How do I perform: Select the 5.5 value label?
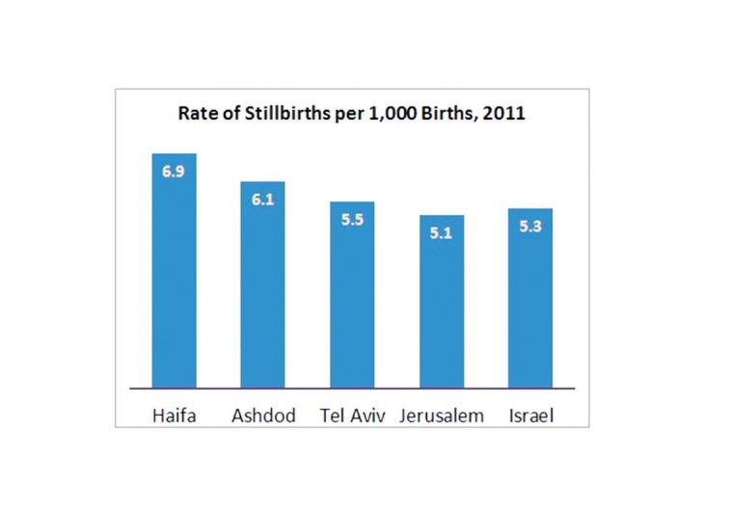pos(352,219)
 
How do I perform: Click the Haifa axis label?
pos(174,417)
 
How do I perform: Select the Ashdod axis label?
pos(262,417)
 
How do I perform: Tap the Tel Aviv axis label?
pos(352,417)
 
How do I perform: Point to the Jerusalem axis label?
pos(441,417)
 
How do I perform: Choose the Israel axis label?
pos(529,417)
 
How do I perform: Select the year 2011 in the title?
pos(504,113)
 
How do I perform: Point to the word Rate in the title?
pos(197,113)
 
